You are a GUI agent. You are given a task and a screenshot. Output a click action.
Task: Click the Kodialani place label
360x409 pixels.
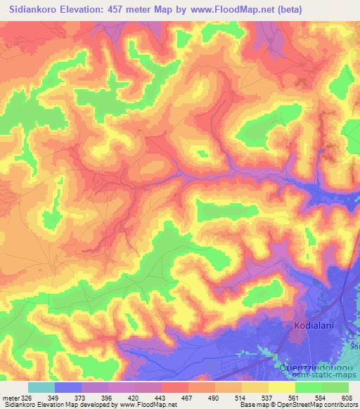coord(313,327)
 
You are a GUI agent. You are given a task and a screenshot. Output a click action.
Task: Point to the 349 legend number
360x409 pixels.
coord(53,397)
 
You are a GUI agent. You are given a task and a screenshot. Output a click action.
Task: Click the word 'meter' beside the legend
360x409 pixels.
coord(8,397)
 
